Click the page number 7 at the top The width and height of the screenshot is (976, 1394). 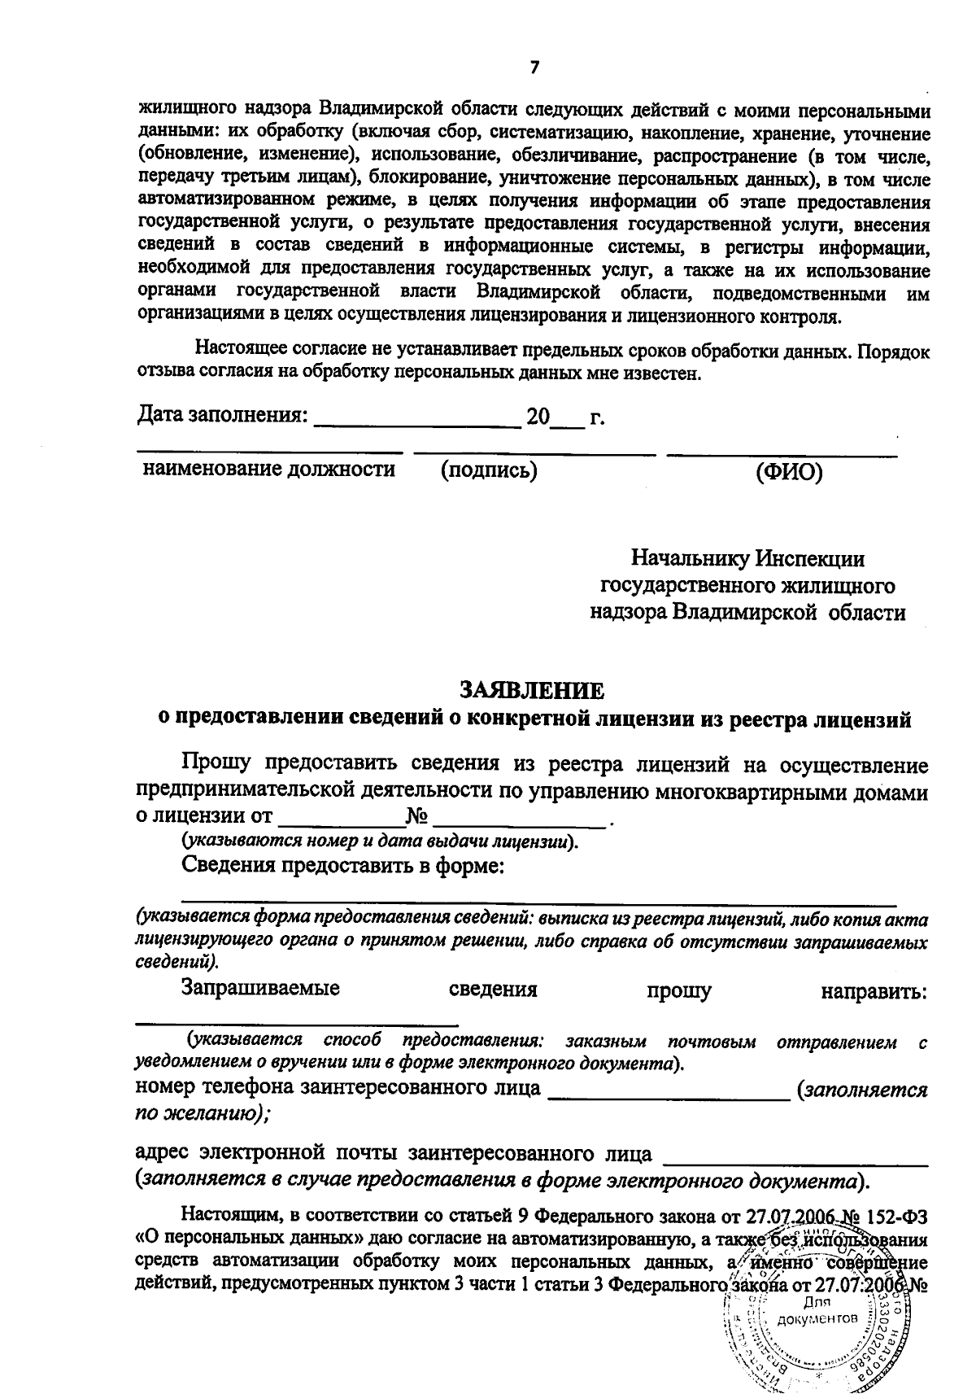point(534,68)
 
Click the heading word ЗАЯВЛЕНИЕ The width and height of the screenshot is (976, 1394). point(533,691)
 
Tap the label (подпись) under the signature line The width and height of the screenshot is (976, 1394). point(489,470)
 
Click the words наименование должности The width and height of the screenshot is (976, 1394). point(269,469)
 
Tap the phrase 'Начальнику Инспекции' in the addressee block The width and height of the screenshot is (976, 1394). point(747,559)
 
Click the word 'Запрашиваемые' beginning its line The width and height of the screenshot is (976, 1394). point(260,990)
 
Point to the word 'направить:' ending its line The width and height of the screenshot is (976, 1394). point(874,992)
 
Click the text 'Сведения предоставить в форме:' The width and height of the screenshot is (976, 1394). point(344,866)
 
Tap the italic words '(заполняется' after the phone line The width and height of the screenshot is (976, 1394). point(862,1090)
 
